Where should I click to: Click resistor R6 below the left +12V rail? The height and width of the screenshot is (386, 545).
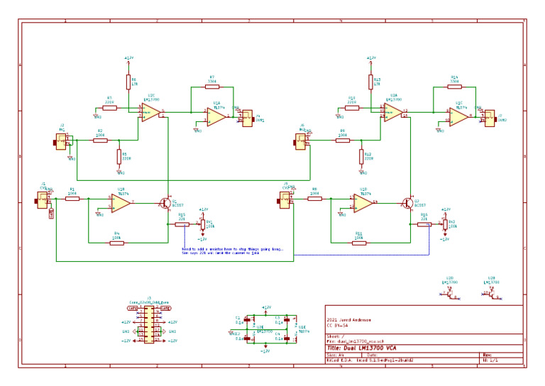(x=128, y=82)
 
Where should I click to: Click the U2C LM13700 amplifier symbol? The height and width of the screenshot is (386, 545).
(x=150, y=112)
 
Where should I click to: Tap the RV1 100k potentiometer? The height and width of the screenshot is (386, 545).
(x=202, y=225)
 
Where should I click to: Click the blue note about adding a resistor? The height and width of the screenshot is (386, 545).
(x=231, y=251)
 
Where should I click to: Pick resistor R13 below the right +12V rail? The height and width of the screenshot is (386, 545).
(x=370, y=82)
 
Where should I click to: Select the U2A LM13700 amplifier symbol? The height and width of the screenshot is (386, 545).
(x=392, y=112)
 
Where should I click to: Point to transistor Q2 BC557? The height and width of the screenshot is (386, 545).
(x=408, y=203)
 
